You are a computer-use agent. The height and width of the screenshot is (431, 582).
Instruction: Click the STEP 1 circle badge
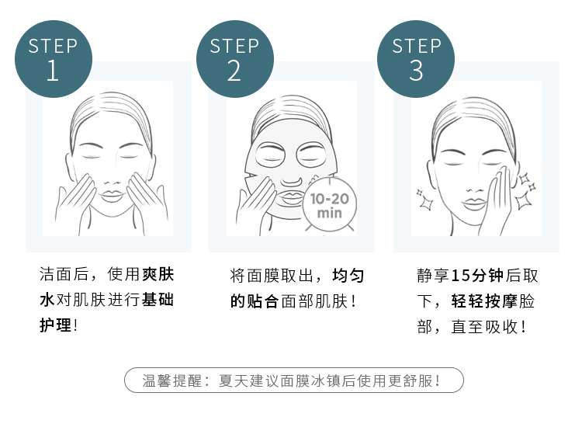tap(54, 57)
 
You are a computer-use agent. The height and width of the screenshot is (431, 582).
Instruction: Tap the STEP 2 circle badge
tap(235, 57)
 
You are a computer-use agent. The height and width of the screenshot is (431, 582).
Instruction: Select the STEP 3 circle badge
tap(417, 57)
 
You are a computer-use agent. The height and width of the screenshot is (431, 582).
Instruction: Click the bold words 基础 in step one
tap(158, 301)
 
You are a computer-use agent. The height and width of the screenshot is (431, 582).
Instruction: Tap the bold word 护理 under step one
tap(54, 325)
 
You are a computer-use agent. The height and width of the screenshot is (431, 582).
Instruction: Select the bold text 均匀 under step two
tap(348, 276)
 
